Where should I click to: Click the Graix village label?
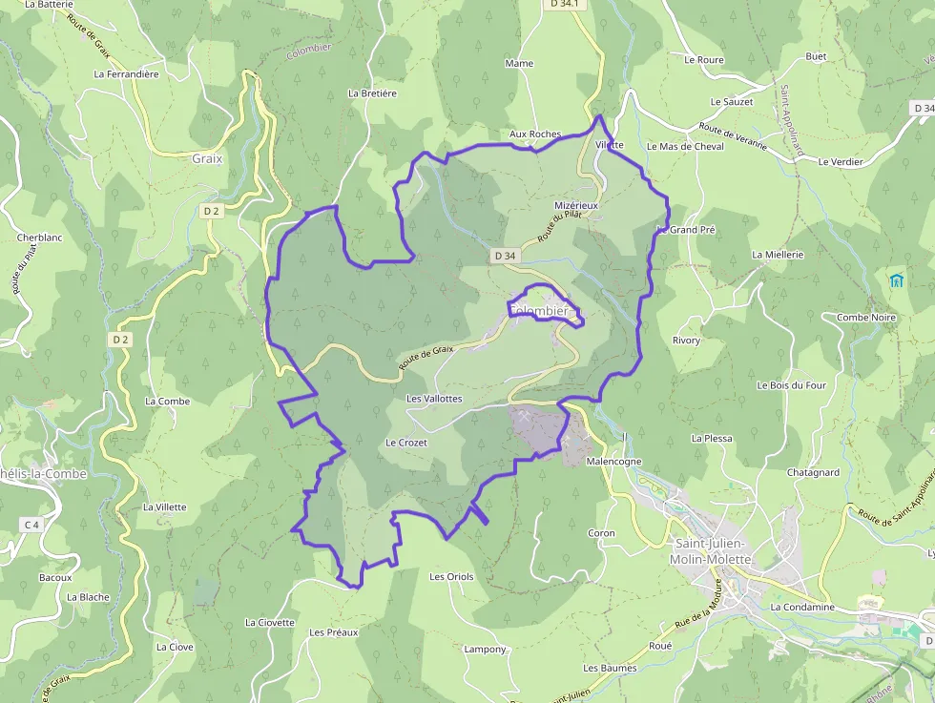pos(206,159)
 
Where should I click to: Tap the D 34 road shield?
pos(505,256)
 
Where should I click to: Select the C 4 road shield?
pos(31,525)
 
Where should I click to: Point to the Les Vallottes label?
pos(434,398)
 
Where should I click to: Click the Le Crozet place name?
pos(406,443)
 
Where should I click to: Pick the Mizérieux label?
pos(575,205)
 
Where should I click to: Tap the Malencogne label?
pos(614,461)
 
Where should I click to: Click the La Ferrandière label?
pos(126,73)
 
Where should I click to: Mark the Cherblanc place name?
pos(39,238)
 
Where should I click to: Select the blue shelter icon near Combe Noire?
pos(896,280)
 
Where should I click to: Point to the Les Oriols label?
pos(451,576)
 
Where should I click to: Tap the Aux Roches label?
pos(535,134)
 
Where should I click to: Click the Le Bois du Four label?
pos(791,385)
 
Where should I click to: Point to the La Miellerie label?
pos(778,255)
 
